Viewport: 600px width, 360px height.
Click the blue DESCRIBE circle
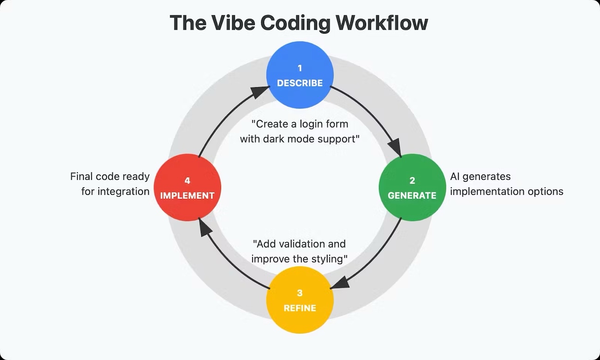(300, 75)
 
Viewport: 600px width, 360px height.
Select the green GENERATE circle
(412, 187)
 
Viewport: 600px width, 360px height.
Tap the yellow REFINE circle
(300, 300)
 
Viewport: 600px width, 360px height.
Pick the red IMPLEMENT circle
(187, 187)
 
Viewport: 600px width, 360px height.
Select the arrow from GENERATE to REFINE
(374, 258)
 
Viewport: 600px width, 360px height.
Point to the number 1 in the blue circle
(300, 68)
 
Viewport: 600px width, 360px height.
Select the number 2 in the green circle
(412, 180)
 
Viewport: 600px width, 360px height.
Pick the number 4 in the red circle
(187, 180)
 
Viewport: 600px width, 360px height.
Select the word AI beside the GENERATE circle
(456, 176)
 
